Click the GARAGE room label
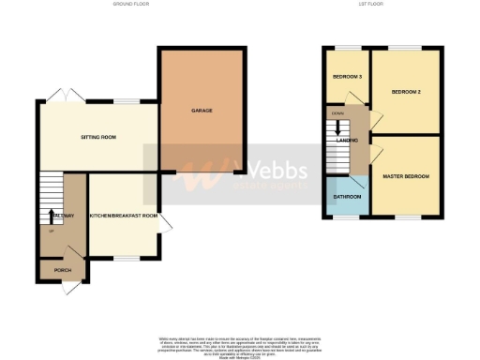point(202,111)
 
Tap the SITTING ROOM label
point(97,137)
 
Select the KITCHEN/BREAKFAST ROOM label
point(123,216)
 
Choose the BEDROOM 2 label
point(404,91)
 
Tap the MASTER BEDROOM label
point(406,176)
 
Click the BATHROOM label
point(348,198)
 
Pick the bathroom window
point(348,217)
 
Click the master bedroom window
point(405,217)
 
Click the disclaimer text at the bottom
point(240,344)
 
